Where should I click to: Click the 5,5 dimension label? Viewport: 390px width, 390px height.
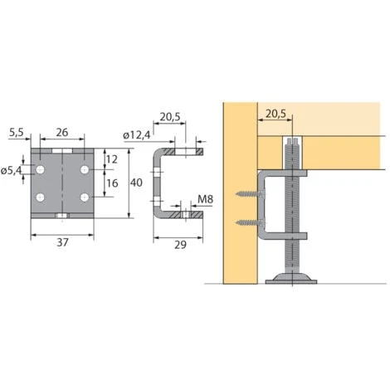pyautogui.click(x=16, y=131)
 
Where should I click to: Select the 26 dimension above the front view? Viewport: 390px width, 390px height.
pyautogui.click(x=61, y=131)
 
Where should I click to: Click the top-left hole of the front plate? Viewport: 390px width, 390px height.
pyautogui.click(x=40, y=169)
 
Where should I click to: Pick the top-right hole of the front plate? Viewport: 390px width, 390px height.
pyautogui.click(x=84, y=169)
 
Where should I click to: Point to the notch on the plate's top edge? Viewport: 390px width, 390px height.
pyautogui.click(x=62, y=150)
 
